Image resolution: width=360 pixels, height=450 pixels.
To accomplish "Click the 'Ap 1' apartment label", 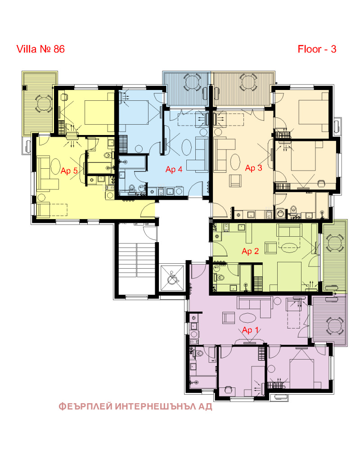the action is pyautogui.click(x=251, y=330).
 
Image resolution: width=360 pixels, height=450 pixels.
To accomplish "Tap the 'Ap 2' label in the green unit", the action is pyautogui.click(x=250, y=252).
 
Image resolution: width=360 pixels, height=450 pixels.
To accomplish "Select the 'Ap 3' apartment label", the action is pyautogui.click(x=253, y=168).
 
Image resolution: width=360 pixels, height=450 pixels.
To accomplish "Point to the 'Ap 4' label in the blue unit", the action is pyautogui.click(x=174, y=170).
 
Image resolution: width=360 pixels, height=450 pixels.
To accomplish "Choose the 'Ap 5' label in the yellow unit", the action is pyautogui.click(x=69, y=171).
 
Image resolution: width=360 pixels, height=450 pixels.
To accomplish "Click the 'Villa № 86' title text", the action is pyautogui.click(x=40, y=49).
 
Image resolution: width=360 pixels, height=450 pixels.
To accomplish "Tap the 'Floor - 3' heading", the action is pyautogui.click(x=317, y=49).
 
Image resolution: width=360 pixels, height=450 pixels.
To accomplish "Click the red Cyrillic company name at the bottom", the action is pyautogui.click(x=135, y=406).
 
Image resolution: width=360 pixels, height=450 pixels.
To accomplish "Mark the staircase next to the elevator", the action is pyautogui.click(x=137, y=260).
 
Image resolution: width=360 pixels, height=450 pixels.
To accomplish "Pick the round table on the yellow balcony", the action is pyautogui.click(x=43, y=103).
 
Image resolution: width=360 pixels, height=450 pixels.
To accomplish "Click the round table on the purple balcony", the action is pyautogui.click(x=334, y=325).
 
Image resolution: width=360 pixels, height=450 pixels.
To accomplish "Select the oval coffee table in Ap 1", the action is pyautogui.click(x=247, y=318).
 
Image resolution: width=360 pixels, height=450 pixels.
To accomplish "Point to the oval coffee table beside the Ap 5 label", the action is pyautogui.click(x=55, y=166).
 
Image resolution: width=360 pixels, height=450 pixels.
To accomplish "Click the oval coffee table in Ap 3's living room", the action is pyautogui.click(x=235, y=162).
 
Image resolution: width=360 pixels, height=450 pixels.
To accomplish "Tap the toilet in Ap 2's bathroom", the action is pyautogui.click(x=219, y=278).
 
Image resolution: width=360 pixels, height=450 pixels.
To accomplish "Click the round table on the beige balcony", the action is pyautogui.click(x=248, y=82).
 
